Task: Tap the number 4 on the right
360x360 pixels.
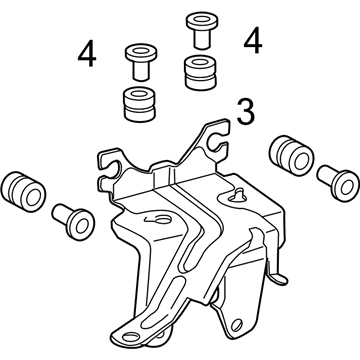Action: [253, 41]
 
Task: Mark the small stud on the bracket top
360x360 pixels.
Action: [242, 190]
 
